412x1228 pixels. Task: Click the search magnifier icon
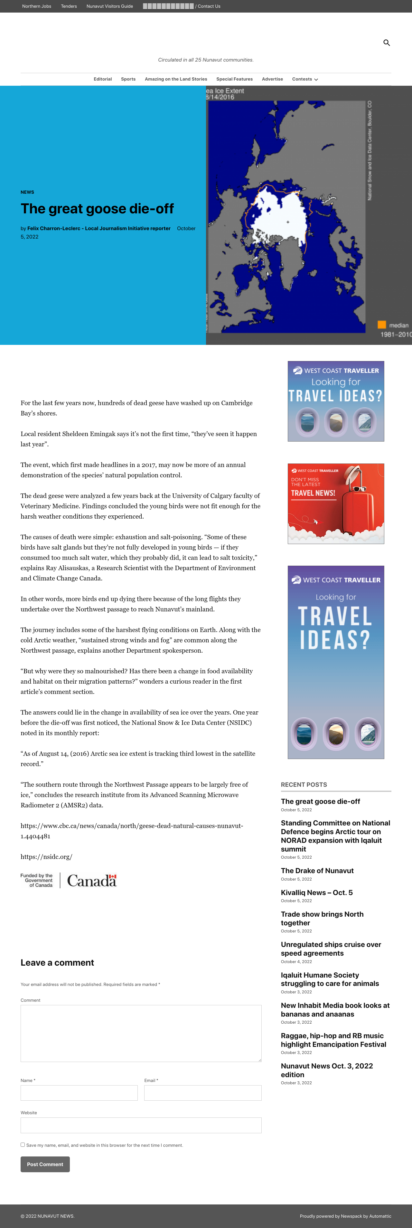click(x=386, y=43)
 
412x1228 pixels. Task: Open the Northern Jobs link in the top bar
click(x=37, y=6)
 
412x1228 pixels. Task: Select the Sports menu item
click(x=128, y=79)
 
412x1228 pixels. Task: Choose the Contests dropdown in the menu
click(x=305, y=79)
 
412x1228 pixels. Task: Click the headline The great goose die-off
click(x=97, y=209)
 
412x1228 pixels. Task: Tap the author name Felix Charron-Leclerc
click(x=98, y=228)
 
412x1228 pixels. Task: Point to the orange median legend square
click(x=381, y=325)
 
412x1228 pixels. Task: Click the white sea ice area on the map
click(x=281, y=215)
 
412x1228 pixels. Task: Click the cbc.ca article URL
click(x=131, y=830)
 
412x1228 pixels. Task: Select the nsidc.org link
click(x=46, y=857)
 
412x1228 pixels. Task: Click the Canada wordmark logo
click(x=91, y=881)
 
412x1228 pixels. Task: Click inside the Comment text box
click(x=141, y=1033)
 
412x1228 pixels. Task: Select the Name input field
click(x=79, y=1093)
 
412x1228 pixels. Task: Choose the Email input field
click(x=203, y=1093)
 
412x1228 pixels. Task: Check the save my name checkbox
click(x=23, y=1144)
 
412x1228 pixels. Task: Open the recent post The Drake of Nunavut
click(x=317, y=871)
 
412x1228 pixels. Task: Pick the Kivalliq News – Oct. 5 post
click(x=317, y=892)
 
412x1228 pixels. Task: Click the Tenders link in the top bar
click(x=69, y=6)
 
